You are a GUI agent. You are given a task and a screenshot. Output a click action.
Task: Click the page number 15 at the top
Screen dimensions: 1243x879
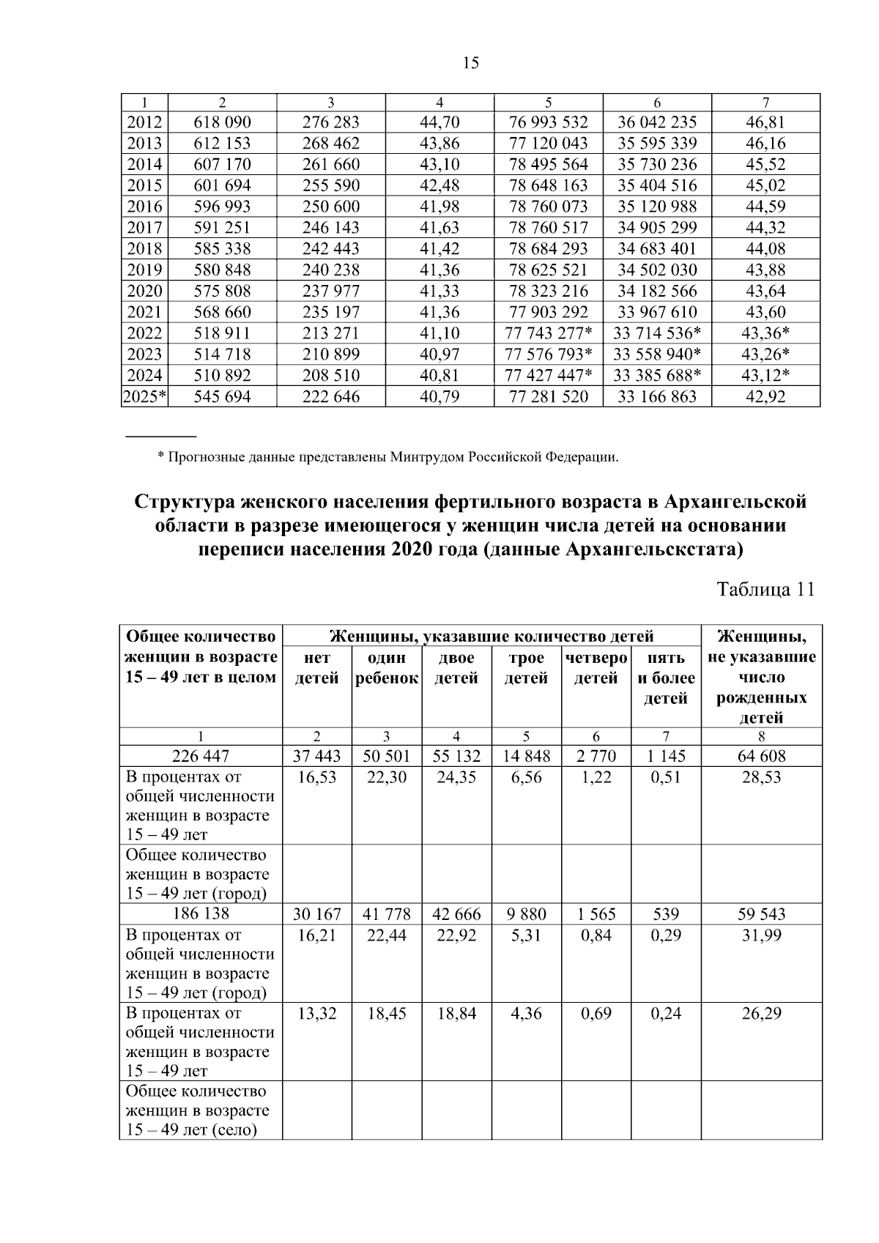pyautogui.click(x=471, y=63)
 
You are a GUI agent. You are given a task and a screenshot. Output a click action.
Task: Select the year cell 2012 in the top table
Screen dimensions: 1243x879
pyautogui.click(x=144, y=122)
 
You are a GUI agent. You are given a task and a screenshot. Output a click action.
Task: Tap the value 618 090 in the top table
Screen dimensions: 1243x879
pyautogui.click(x=222, y=122)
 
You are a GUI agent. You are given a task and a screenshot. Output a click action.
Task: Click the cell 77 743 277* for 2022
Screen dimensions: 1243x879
pyautogui.click(x=549, y=334)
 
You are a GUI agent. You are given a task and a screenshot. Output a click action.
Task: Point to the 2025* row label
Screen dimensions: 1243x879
pyautogui.click(x=145, y=398)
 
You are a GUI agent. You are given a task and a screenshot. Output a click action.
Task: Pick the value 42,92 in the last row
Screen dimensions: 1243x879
pyautogui.click(x=765, y=398)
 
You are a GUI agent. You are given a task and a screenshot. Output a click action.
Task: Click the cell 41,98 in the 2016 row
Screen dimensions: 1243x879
pyautogui.click(x=439, y=207)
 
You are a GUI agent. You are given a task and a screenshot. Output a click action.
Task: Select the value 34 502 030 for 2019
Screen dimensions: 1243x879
pyautogui.click(x=657, y=270)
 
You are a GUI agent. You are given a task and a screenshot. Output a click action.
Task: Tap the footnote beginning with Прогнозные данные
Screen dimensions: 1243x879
pyautogui.click(x=388, y=459)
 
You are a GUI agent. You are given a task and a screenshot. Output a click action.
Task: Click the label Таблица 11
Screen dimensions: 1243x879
pyautogui.click(x=765, y=590)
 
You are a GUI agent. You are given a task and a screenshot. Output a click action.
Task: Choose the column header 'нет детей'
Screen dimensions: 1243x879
pyautogui.click(x=316, y=668)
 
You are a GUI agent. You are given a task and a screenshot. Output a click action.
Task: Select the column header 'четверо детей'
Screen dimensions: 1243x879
pyautogui.click(x=596, y=668)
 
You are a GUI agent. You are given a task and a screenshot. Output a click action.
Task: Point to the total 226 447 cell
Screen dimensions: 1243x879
pyautogui.click(x=201, y=756)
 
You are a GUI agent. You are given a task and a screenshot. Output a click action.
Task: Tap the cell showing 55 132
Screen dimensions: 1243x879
pyautogui.click(x=456, y=756)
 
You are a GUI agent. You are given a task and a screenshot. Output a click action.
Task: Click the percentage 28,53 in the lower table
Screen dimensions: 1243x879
pyautogui.click(x=761, y=777)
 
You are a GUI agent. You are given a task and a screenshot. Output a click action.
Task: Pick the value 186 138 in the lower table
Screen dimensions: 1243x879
pyautogui.click(x=201, y=914)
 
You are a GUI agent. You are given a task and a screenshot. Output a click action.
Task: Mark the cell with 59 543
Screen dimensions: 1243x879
pyautogui.click(x=761, y=914)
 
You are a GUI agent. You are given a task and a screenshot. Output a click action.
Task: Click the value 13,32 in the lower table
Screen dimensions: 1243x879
pyautogui.click(x=316, y=1014)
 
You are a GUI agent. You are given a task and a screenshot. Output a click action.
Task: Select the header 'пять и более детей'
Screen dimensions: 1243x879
pyautogui.click(x=665, y=678)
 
